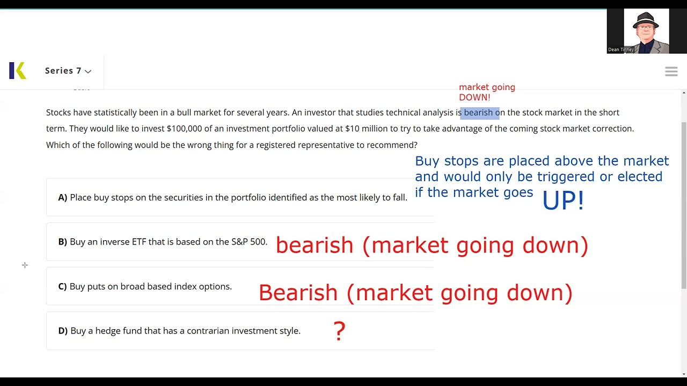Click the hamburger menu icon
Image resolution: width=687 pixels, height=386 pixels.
[x=671, y=71]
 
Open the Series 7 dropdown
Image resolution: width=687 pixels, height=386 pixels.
[x=68, y=71]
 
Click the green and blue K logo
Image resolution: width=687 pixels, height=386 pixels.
[x=17, y=71]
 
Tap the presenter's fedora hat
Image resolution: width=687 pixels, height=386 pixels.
[x=646, y=20]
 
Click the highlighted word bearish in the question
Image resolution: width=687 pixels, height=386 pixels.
[x=478, y=113]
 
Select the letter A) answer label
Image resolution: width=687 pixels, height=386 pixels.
[x=63, y=198]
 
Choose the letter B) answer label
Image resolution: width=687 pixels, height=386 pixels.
[x=63, y=242]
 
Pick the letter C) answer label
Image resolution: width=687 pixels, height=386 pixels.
[x=63, y=287]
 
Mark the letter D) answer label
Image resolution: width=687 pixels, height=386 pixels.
[x=63, y=331]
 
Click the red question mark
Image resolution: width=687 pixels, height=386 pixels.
[x=339, y=331]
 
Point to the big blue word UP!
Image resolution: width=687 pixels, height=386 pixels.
[x=562, y=201]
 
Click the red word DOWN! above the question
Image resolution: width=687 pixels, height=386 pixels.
[x=474, y=98]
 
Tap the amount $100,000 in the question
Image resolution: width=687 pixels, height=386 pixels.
[x=184, y=129]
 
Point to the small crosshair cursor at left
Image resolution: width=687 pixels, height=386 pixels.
[x=25, y=265]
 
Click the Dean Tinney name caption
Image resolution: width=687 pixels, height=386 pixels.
[x=621, y=50]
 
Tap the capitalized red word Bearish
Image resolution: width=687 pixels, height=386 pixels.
[x=298, y=293]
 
